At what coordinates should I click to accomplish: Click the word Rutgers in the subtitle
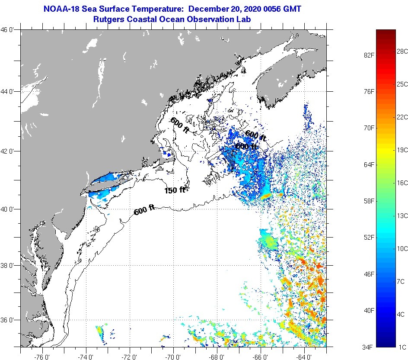coord(108,19)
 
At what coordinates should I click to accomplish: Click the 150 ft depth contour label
coord(175,190)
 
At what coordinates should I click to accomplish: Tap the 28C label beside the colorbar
coord(402,51)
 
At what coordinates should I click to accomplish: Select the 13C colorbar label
coord(402,215)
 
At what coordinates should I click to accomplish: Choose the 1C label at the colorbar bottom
coord(402,347)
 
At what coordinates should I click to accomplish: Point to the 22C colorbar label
coord(402,117)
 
